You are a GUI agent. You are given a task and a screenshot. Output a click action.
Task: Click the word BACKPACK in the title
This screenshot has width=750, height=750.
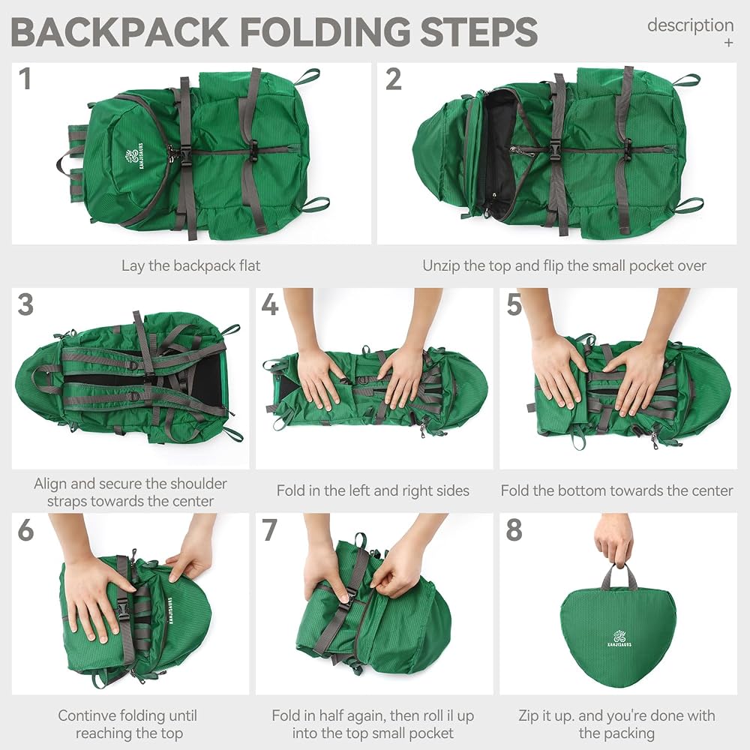click(x=119, y=31)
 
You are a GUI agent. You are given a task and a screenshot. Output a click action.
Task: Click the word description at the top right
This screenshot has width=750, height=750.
click(x=690, y=25)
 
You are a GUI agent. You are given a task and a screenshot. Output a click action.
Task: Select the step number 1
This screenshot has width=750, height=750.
click(x=25, y=79)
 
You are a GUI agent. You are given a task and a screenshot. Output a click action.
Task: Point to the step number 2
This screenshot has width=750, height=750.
click(x=393, y=79)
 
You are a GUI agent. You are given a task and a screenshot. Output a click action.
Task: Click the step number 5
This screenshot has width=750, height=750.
click(x=514, y=304)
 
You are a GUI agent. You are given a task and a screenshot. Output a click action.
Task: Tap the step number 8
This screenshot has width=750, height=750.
click(x=514, y=530)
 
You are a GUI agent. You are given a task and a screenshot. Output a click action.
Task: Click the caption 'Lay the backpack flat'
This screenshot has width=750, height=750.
click(x=190, y=266)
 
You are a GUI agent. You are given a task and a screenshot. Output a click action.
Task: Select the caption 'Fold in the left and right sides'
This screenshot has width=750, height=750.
click(x=373, y=490)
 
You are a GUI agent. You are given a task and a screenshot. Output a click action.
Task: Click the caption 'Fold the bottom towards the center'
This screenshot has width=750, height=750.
click(x=617, y=490)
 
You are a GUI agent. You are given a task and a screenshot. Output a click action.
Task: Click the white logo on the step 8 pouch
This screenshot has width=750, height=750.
click(x=619, y=638)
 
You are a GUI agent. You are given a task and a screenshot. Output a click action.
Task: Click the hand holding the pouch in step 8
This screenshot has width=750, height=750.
click(x=613, y=541)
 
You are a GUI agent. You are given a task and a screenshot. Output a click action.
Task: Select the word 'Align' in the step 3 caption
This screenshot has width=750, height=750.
click(x=50, y=484)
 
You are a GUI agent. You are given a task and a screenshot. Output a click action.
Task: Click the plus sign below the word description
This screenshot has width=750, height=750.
click(x=728, y=43)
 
